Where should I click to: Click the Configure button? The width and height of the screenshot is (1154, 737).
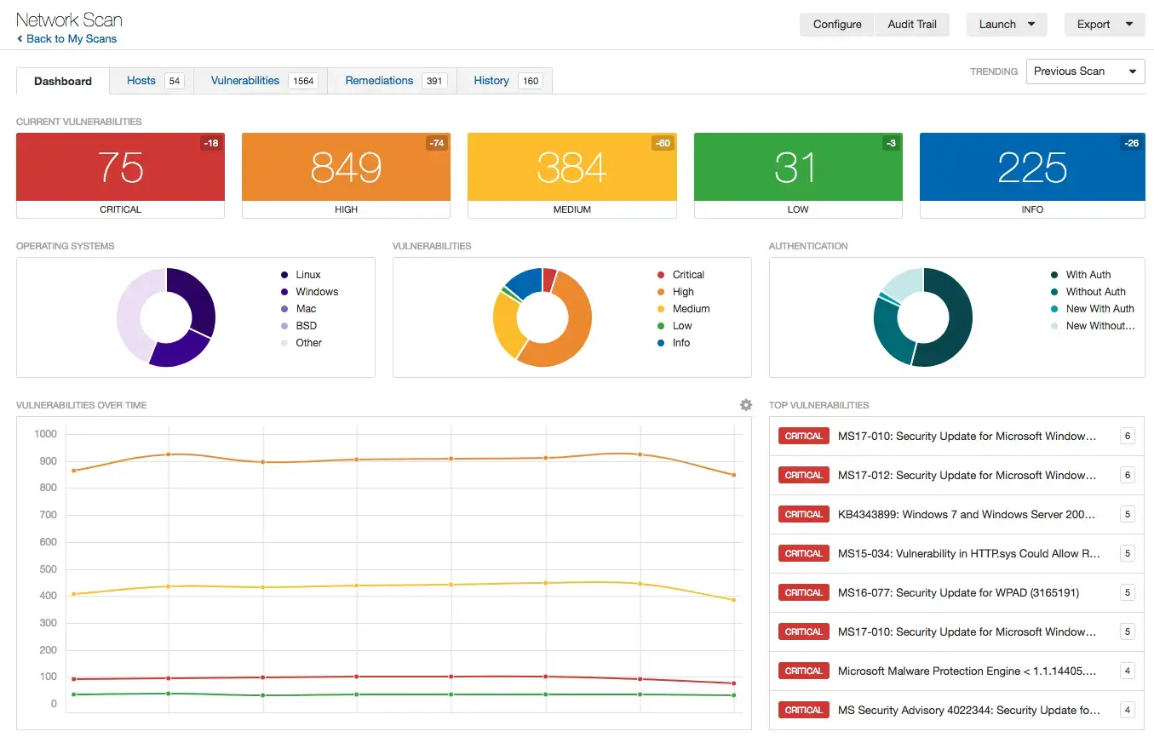pyautogui.click(x=836, y=25)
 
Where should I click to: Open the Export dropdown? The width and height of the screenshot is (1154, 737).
pyautogui.click(x=1104, y=25)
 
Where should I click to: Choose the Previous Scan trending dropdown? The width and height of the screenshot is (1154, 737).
pyautogui.click(x=1085, y=71)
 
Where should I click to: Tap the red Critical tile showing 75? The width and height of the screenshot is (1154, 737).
pyautogui.click(x=120, y=167)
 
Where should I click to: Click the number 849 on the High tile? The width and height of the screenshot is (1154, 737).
pyautogui.click(x=346, y=168)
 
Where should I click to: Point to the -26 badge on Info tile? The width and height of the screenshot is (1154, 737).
pyautogui.click(x=1130, y=143)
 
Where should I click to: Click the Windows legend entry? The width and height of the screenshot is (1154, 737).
pyautogui.click(x=316, y=292)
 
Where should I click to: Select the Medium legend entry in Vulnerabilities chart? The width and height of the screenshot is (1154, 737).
pyautogui.click(x=690, y=309)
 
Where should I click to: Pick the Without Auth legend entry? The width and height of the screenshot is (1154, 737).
pyautogui.click(x=1095, y=292)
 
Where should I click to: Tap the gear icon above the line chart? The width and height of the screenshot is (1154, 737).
pyautogui.click(x=746, y=405)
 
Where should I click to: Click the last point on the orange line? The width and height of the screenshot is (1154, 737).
pyautogui.click(x=733, y=475)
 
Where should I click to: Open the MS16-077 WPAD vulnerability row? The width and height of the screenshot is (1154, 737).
pyautogui.click(x=957, y=592)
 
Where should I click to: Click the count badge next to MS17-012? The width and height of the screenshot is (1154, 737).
pyautogui.click(x=1128, y=475)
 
